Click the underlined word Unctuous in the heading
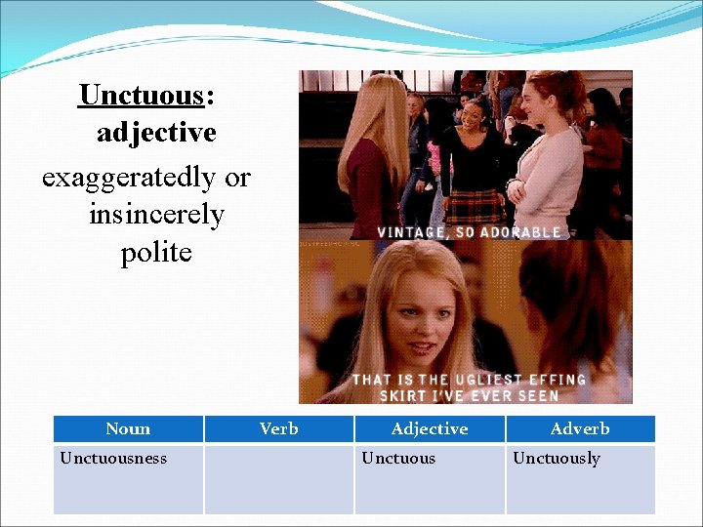click(141, 96)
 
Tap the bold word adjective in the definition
click(156, 133)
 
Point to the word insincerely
click(156, 214)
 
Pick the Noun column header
click(128, 428)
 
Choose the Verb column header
click(279, 428)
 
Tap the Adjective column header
click(430, 428)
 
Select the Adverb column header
click(580, 428)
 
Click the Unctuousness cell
click(113, 458)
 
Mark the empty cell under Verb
click(279, 479)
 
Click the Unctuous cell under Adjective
click(398, 458)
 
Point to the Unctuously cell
click(557, 458)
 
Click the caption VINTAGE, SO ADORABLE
click(470, 232)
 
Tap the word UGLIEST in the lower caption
click(493, 380)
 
